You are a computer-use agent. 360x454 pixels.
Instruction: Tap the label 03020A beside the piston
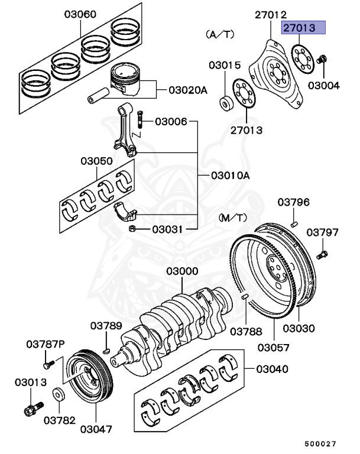[x=188, y=90]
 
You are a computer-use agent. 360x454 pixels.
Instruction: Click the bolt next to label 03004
[x=323, y=60]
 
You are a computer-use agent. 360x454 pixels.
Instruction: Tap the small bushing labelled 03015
[x=226, y=104]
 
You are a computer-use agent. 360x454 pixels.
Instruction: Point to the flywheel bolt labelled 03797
[x=323, y=255]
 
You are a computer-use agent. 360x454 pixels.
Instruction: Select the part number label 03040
[x=272, y=369]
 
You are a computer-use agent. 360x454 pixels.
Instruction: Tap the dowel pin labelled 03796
[x=295, y=223]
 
